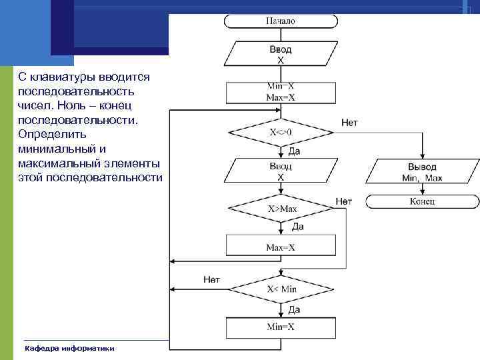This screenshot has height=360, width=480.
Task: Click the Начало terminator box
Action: click(280, 21)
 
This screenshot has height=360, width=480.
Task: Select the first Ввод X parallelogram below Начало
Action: click(280, 54)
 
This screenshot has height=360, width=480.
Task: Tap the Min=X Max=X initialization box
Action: click(281, 91)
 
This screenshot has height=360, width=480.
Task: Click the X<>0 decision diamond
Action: click(281, 132)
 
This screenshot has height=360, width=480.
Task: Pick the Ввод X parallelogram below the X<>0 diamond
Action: click(281, 172)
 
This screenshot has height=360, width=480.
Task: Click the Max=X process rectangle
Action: click(281, 246)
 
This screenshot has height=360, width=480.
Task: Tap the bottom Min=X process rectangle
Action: click(281, 327)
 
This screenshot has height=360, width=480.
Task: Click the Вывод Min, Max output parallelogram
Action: click(422, 172)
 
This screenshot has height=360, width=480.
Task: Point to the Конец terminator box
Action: click(422, 201)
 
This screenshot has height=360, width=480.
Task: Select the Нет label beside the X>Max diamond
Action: click(344, 201)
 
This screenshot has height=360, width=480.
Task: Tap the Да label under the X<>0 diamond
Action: click(294, 151)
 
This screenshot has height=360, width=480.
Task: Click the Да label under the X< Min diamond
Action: click(294, 309)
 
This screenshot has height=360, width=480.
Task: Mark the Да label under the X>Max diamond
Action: click(298, 227)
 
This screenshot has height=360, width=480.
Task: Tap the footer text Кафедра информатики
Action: click(69, 348)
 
